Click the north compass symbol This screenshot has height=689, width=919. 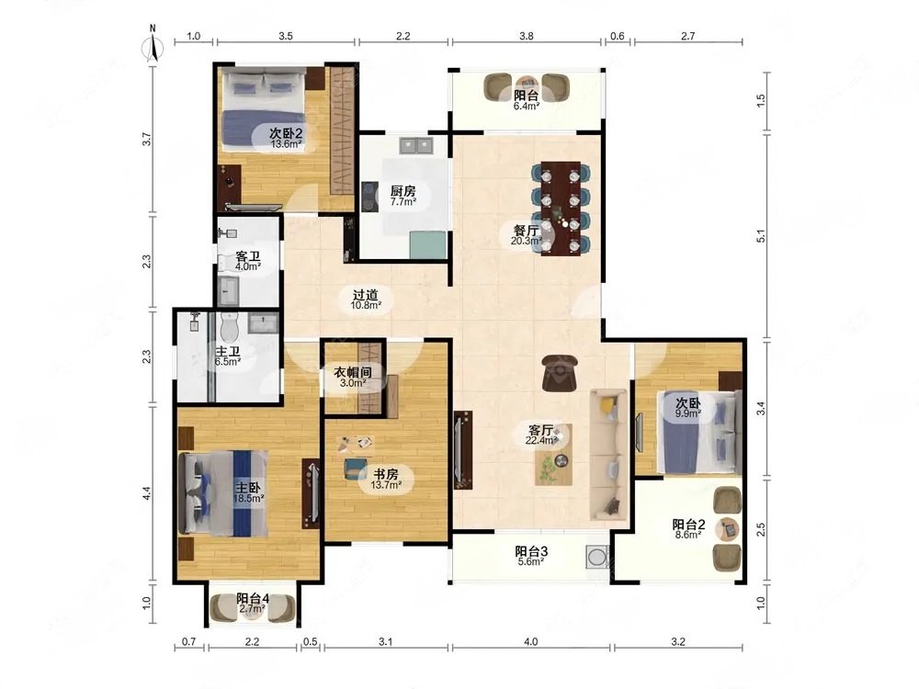point(153,43)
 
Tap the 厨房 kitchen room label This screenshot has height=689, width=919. point(403,191)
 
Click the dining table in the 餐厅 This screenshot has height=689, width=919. point(561,208)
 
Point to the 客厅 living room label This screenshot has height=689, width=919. point(541,430)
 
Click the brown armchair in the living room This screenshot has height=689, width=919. point(560,373)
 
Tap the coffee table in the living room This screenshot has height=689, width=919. point(553,455)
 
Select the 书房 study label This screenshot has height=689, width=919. point(386,473)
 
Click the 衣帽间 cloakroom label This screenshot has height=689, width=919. point(353,372)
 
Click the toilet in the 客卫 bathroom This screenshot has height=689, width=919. point(226,262)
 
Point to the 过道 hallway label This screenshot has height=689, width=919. point(366,295)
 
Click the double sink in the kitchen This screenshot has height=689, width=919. point(416,145)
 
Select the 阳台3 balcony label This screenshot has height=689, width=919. point(531,551)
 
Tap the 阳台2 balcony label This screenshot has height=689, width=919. point(688,525)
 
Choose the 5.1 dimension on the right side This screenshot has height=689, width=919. point(761,236)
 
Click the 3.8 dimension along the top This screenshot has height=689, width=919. point(527,36)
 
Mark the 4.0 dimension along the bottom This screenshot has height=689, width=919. point(530,641)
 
